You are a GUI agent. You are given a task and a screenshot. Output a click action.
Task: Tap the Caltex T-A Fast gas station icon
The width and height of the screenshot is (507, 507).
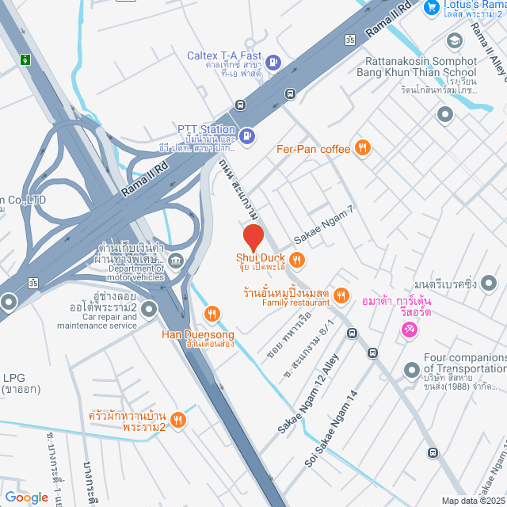click(273, 61)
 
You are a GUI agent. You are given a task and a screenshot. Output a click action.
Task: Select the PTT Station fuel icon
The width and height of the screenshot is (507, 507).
click(247, 135)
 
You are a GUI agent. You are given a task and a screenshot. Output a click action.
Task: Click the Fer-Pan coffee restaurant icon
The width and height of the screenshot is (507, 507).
click(363, 147)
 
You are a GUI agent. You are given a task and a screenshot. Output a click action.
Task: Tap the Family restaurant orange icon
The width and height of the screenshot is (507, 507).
click(341, 295)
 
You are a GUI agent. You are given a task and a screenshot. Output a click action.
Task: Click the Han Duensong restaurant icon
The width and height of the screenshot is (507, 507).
click(211, 314)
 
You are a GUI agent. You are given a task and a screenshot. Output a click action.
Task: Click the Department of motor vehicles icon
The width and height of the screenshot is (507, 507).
click(176, 259)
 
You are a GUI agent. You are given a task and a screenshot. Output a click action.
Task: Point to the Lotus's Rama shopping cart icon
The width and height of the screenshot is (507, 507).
click(432, 7)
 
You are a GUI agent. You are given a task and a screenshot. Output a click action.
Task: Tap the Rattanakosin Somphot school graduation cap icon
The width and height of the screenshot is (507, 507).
click(454, 40)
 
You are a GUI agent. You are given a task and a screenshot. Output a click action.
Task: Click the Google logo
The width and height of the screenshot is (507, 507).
click(25, 497)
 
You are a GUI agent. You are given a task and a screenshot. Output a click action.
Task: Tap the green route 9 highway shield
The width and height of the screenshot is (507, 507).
click(26, 59)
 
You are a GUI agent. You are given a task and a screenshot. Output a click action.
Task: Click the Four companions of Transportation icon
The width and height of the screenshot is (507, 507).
click(411, 370)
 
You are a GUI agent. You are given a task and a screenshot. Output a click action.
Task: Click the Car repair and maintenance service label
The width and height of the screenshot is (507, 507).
click(97, 321)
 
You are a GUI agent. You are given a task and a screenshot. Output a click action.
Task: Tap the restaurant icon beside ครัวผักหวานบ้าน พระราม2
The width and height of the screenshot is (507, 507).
click(178, 420)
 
